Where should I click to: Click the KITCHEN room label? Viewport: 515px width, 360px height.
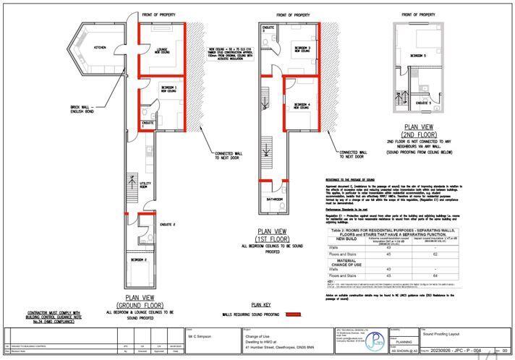click(100, 47)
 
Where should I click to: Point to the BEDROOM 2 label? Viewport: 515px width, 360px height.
click(140, 259)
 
